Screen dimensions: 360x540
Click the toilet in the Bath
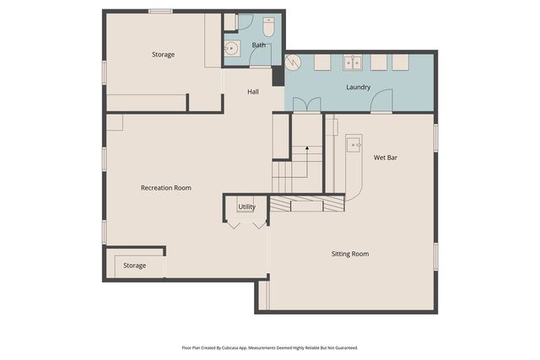[x=268, y=24]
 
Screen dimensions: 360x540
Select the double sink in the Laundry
[x=353, y=62]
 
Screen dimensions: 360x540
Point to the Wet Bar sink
[x=354, y=145]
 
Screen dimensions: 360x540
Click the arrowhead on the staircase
[x=307, y=148]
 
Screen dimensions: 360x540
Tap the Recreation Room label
[x=165, y=188]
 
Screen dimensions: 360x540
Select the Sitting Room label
[x=349, y=254]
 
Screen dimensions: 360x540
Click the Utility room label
[x=246, y=207]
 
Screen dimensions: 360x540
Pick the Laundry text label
[x=359, y=87]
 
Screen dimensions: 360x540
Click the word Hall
[x=253, y=91]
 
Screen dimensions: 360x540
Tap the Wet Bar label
[x=386, y=158]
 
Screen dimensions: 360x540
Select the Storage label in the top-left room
[x=163, y=55]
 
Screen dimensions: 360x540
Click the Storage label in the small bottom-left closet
[x=134, y=266]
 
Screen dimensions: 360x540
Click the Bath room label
[x=258, y=45]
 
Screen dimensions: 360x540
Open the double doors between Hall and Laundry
[x=306, y=105]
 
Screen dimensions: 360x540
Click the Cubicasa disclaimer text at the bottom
[x=269, y=347]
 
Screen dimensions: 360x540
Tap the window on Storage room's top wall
[x=160, y=11]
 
